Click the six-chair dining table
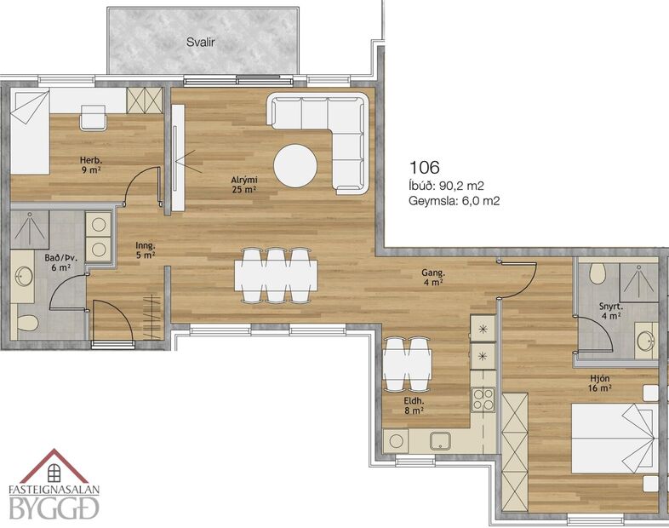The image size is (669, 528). click(277, 274)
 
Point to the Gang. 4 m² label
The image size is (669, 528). click(432, 278)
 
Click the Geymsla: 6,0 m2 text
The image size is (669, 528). click(453, 202)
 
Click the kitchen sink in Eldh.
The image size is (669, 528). click(441, 441)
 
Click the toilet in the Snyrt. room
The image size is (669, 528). click(598, 273)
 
